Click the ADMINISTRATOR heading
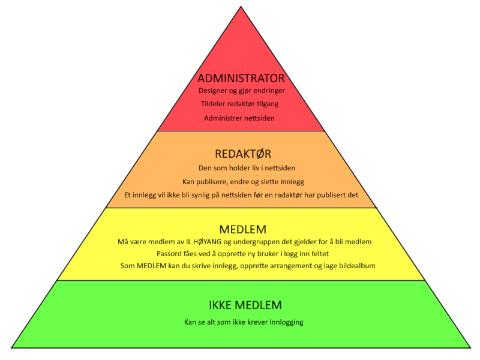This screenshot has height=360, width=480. point(241,79)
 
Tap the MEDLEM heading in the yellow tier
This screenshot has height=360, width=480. point(243,229)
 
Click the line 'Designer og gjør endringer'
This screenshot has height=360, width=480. point(241,91)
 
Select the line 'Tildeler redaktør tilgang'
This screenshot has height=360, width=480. point(240,104)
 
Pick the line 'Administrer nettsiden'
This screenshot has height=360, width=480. point(239,118)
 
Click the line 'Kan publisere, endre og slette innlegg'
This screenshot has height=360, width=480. point(243,181)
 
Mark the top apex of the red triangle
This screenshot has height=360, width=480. point(241,7)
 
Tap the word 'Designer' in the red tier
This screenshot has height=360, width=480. point(212,91)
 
